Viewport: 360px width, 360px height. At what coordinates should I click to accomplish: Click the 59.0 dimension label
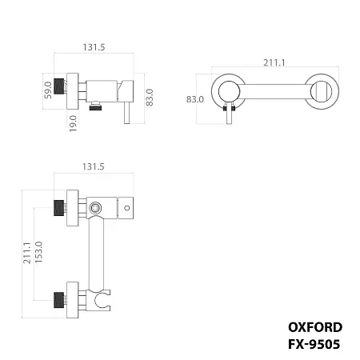coord(47,89)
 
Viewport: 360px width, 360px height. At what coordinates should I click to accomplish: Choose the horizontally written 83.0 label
coord(194,99)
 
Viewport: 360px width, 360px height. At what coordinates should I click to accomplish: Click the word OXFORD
coord(314,326)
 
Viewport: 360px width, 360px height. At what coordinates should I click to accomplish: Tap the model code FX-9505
coord(314,345)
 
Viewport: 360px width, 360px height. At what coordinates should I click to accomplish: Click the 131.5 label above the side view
coord(94,47)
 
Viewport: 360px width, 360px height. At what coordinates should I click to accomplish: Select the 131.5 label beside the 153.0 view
coord(94,166)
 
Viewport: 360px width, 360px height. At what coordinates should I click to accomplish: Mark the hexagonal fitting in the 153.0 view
coord(96,207)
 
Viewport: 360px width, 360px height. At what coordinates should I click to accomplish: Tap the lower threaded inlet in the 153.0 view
coord(58,301)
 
